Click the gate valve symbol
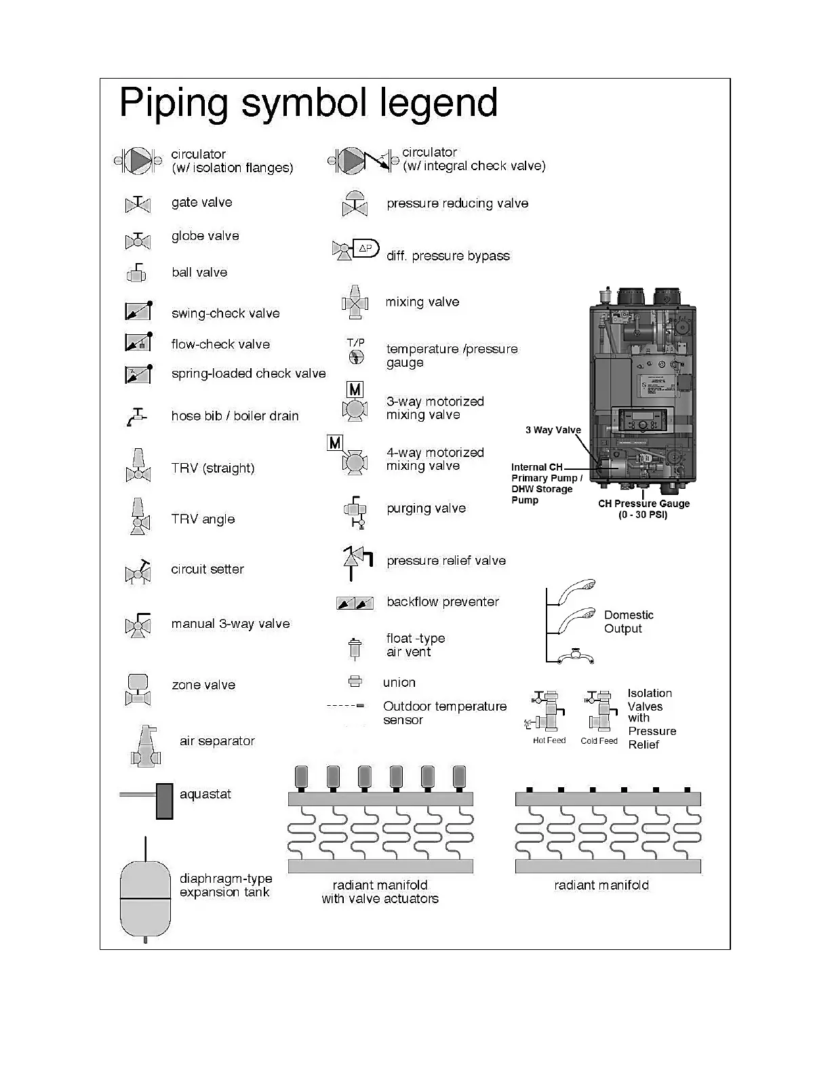(138, 204)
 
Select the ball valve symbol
(136, 273)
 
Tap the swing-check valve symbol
(138, 311)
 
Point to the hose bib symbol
(136, 417)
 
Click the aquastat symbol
(163, 800)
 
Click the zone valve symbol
(138, 689)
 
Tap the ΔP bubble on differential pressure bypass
(366, 248)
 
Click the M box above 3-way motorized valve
(355, 390)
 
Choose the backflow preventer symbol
(355, 603)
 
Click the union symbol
(355, 681)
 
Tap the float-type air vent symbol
(353, 649)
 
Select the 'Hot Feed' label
(549, 740)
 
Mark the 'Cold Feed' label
(599, 741)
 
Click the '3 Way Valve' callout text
(553, 430)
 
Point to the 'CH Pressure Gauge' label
(644, 504)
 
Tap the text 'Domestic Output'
(628, 622)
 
